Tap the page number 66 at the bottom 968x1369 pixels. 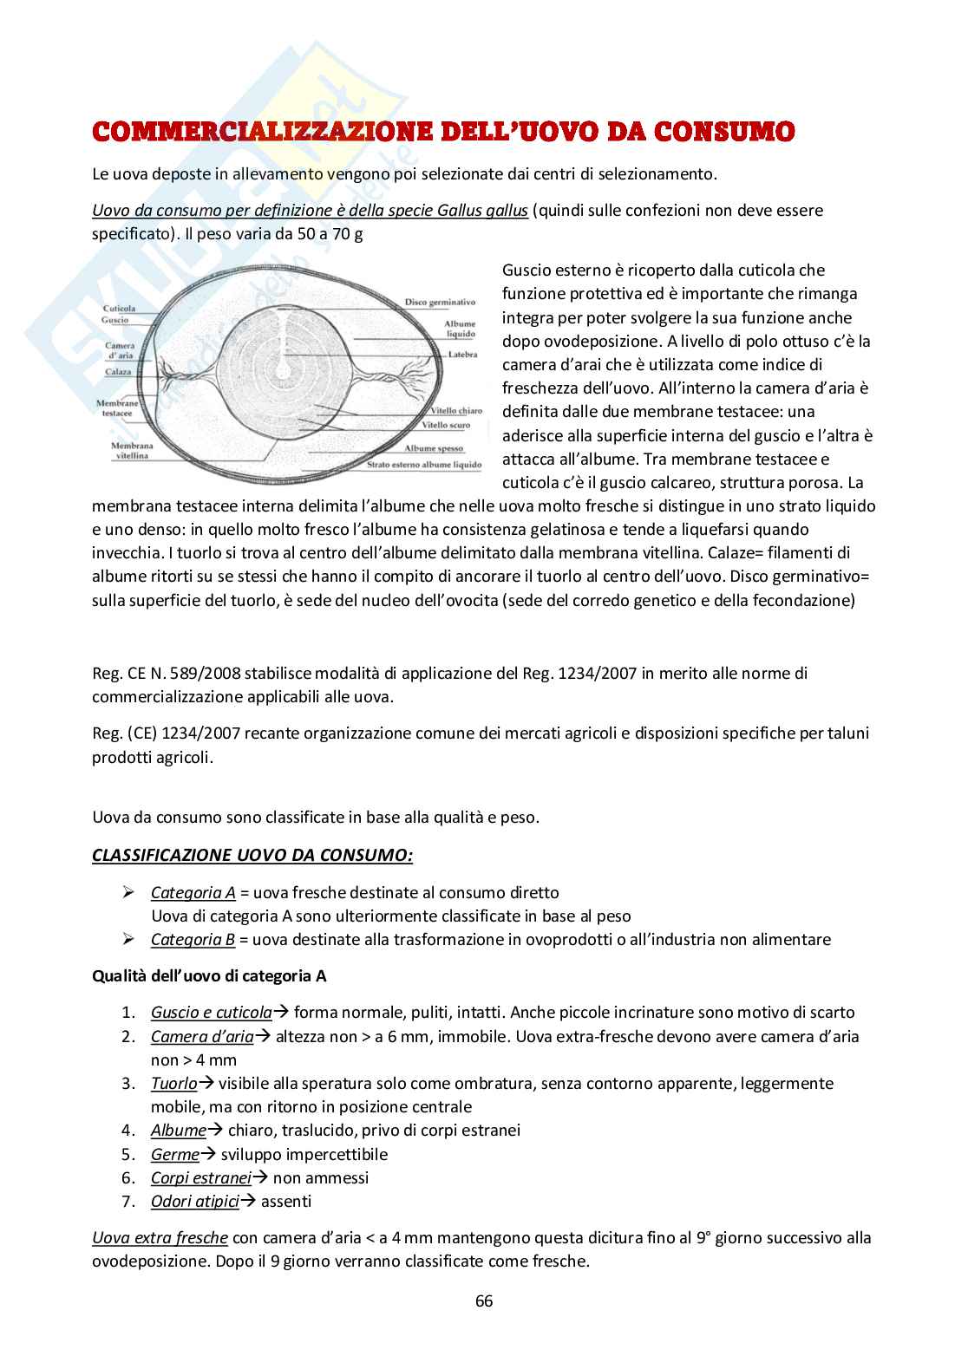point(484,1301)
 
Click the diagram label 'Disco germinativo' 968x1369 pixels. point(440,303)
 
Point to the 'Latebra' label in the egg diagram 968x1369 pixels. point(462,354)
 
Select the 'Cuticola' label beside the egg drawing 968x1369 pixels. point(119,309)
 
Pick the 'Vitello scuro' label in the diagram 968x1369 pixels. point(446,426)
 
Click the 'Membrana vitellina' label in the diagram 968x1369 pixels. point(129,450)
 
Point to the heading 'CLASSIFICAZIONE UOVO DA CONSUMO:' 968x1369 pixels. point(252,856)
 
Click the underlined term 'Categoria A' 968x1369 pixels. point(193,892)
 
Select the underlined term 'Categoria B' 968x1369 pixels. point(193,939)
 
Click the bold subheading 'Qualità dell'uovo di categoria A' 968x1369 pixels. point(209,975)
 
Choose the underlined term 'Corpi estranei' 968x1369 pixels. point(201,1177)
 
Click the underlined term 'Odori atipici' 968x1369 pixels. point(195,1201)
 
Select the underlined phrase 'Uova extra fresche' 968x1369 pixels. point(160,1237)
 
